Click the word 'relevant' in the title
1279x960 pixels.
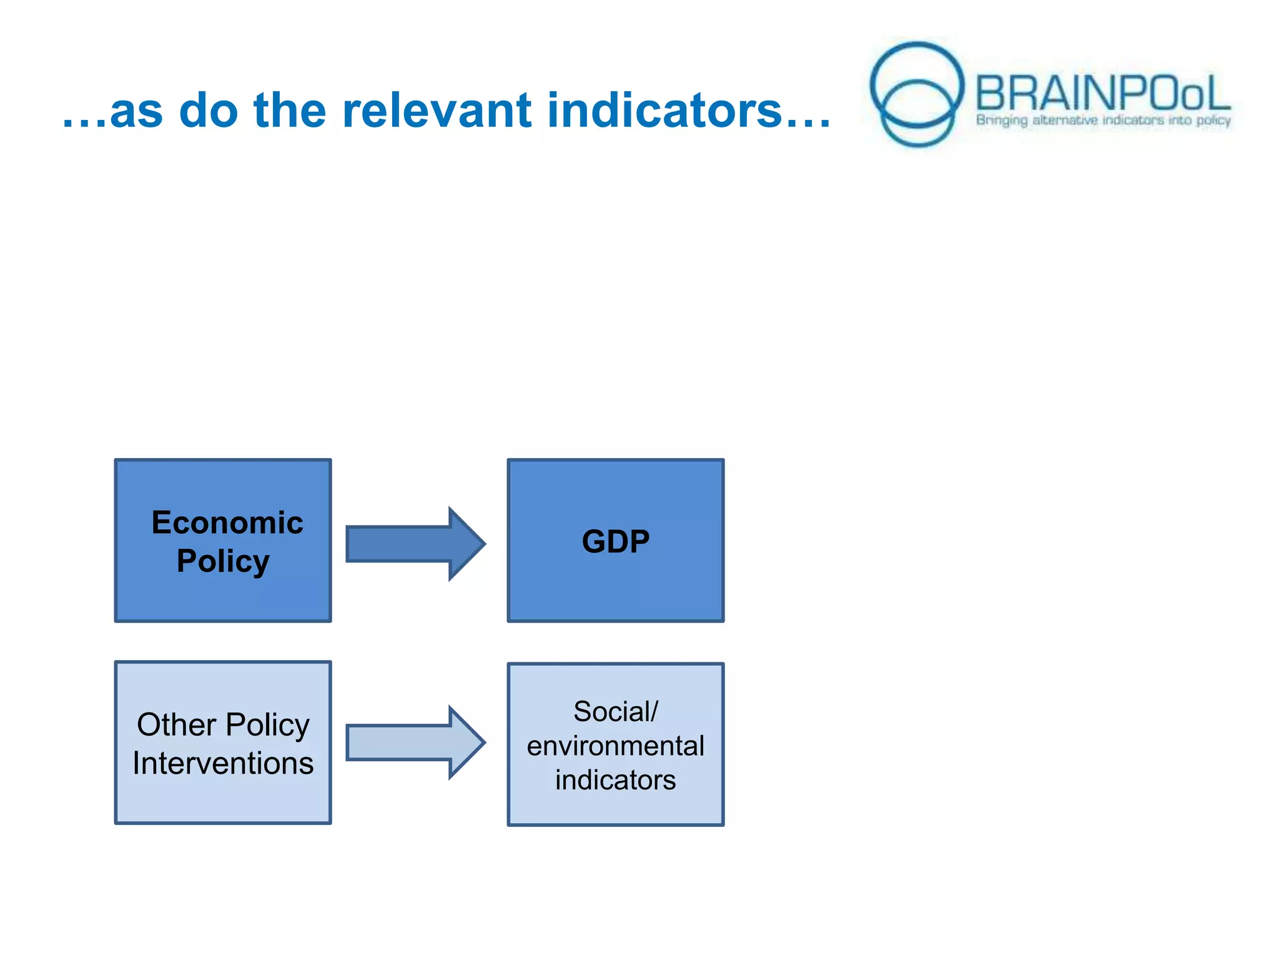click(437, 111)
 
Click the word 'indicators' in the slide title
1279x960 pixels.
click(664, 111)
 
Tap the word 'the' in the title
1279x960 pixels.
click(290, 111)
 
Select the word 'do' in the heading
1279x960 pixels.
click(208, 111)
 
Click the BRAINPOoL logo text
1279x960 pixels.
click(1102, 94)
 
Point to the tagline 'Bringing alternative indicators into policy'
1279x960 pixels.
click(1103, 120)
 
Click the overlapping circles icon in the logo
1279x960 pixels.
click(917, 94)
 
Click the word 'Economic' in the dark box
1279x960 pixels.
click(227, 522)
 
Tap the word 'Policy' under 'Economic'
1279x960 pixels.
click(223, 561)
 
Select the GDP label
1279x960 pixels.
click(615, 541)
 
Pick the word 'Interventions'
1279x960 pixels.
click(223, 764)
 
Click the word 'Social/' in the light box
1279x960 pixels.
click(615, 711)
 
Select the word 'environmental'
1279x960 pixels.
click(615, 746)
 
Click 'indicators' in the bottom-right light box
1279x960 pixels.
click(615, 780)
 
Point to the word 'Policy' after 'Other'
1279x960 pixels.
click(267, 725)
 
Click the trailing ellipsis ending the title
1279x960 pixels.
click(808, 125)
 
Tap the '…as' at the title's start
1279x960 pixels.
click(112, 112)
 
